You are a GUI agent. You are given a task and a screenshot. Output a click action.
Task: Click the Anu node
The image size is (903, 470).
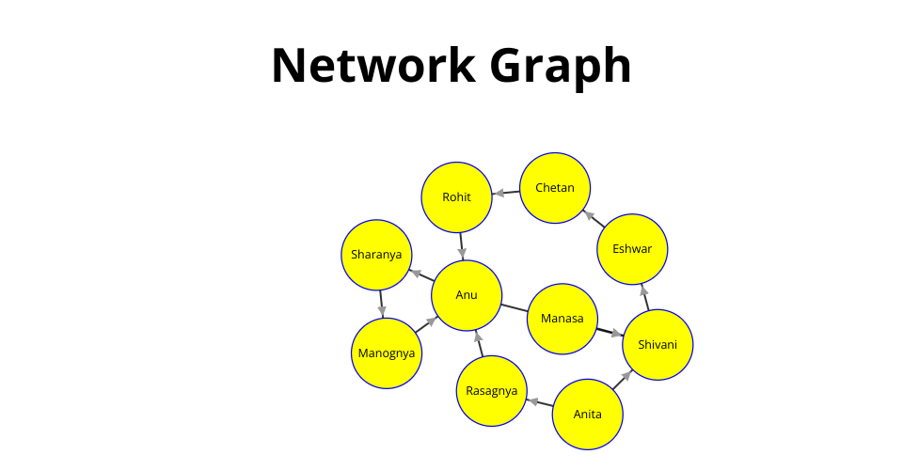(467, 295)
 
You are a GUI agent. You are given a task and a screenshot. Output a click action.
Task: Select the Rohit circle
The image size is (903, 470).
(456, 197)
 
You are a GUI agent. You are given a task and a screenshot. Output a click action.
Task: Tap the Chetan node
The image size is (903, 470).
(555, 188)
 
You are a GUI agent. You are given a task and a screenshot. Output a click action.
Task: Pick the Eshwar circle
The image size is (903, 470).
(633, 249)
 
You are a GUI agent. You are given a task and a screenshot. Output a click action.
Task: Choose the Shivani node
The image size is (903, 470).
(657, 345)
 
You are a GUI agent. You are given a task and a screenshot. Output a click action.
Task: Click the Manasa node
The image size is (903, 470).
(562, 319)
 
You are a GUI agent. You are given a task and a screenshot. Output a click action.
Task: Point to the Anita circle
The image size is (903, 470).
(588, 415)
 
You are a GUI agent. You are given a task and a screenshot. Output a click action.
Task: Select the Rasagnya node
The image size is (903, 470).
(492, 391)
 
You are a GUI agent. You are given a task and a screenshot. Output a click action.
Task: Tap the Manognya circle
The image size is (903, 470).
(387, 353)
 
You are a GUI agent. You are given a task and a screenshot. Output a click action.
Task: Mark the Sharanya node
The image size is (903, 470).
(376, 255)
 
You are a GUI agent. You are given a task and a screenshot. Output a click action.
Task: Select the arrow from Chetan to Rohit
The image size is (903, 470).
(506, 193)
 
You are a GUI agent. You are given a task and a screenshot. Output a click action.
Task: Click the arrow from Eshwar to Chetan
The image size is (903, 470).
(594, 219)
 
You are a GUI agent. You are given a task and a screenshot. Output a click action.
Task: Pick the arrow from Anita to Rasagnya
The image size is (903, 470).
(540, 403)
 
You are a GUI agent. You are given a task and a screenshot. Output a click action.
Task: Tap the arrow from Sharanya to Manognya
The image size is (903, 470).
(381, 304)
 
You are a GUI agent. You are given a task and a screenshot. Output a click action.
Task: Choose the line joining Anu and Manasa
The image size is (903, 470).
(514, 306)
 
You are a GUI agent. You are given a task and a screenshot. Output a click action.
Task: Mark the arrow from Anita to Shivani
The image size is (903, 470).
(623, 380)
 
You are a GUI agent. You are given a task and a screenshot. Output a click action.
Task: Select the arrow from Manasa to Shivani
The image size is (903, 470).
(610, 331)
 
